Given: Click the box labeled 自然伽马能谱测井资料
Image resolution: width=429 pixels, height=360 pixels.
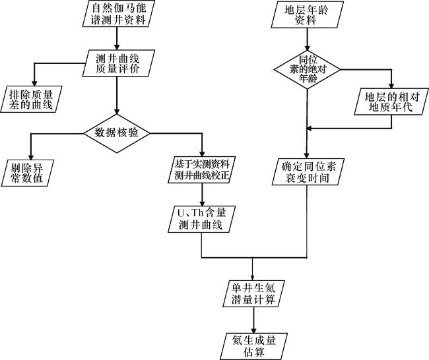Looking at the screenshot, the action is point(118,13).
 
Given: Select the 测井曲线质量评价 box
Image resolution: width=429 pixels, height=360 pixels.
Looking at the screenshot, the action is point(118,63).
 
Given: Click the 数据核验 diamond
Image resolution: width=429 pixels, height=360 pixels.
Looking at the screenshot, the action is point(117,133).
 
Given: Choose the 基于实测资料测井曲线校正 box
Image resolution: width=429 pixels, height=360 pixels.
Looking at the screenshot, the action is point(202,169).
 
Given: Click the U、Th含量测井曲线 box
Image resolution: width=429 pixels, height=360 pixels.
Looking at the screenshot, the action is point(202,219).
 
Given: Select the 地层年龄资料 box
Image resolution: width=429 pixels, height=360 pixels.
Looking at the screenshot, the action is point(308,15).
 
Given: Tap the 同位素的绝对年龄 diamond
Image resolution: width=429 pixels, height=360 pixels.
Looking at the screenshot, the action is point(308,69).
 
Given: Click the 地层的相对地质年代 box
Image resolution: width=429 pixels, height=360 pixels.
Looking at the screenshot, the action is point(391,102).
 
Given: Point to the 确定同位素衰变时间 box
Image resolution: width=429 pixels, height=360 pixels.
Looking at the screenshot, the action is point(308,172).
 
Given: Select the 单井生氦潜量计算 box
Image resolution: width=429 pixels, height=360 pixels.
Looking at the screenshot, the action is point(253,293).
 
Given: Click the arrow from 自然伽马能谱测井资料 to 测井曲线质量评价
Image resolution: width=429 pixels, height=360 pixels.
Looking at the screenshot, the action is point(117,38).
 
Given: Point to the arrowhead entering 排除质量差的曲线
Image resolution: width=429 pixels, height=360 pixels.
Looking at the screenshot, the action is point(34,83).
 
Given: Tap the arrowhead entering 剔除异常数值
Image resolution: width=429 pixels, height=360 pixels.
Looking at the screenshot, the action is point(31,157).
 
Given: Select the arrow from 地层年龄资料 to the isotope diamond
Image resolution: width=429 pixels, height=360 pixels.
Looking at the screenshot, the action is point(308,39).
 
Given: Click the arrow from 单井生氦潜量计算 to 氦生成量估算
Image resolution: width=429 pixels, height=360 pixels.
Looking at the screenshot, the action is point(253,320).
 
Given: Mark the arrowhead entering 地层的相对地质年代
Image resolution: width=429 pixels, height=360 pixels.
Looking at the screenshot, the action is point(391,85).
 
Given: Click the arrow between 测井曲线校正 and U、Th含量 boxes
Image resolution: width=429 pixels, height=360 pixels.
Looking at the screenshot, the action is point(202,195).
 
